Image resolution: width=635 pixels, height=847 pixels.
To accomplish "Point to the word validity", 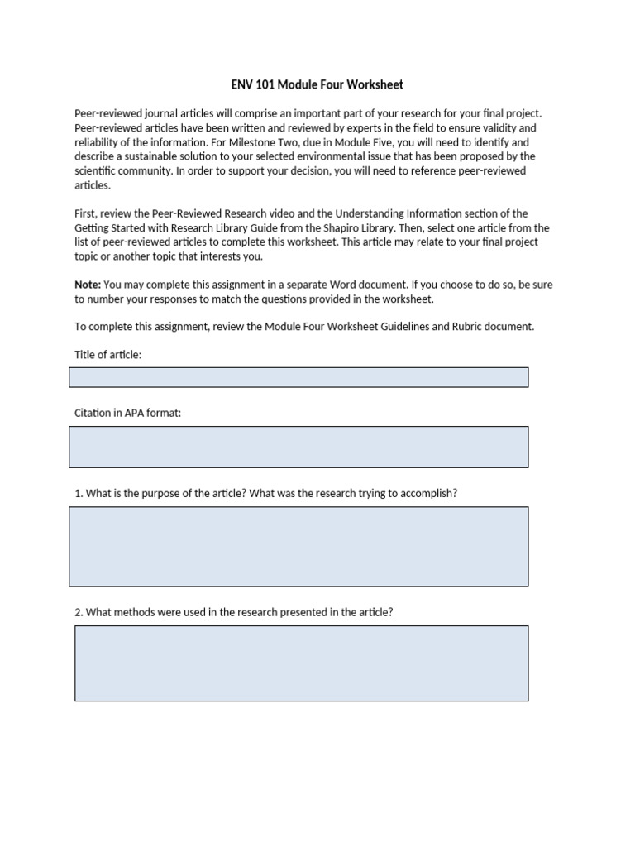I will [x=514, y=128].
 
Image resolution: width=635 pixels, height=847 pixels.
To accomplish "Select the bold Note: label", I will [x=88, y=285].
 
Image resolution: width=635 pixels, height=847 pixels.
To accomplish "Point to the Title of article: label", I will [x=108, y=355].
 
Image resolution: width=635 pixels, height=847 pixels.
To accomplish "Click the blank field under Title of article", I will [x=298, y=377].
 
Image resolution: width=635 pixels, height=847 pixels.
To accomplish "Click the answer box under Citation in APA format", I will [x=298, y=447].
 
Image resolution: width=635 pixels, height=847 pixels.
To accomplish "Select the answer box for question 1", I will [x=298, y=547].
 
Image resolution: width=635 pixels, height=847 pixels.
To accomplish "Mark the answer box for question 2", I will [x=301, y=663].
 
